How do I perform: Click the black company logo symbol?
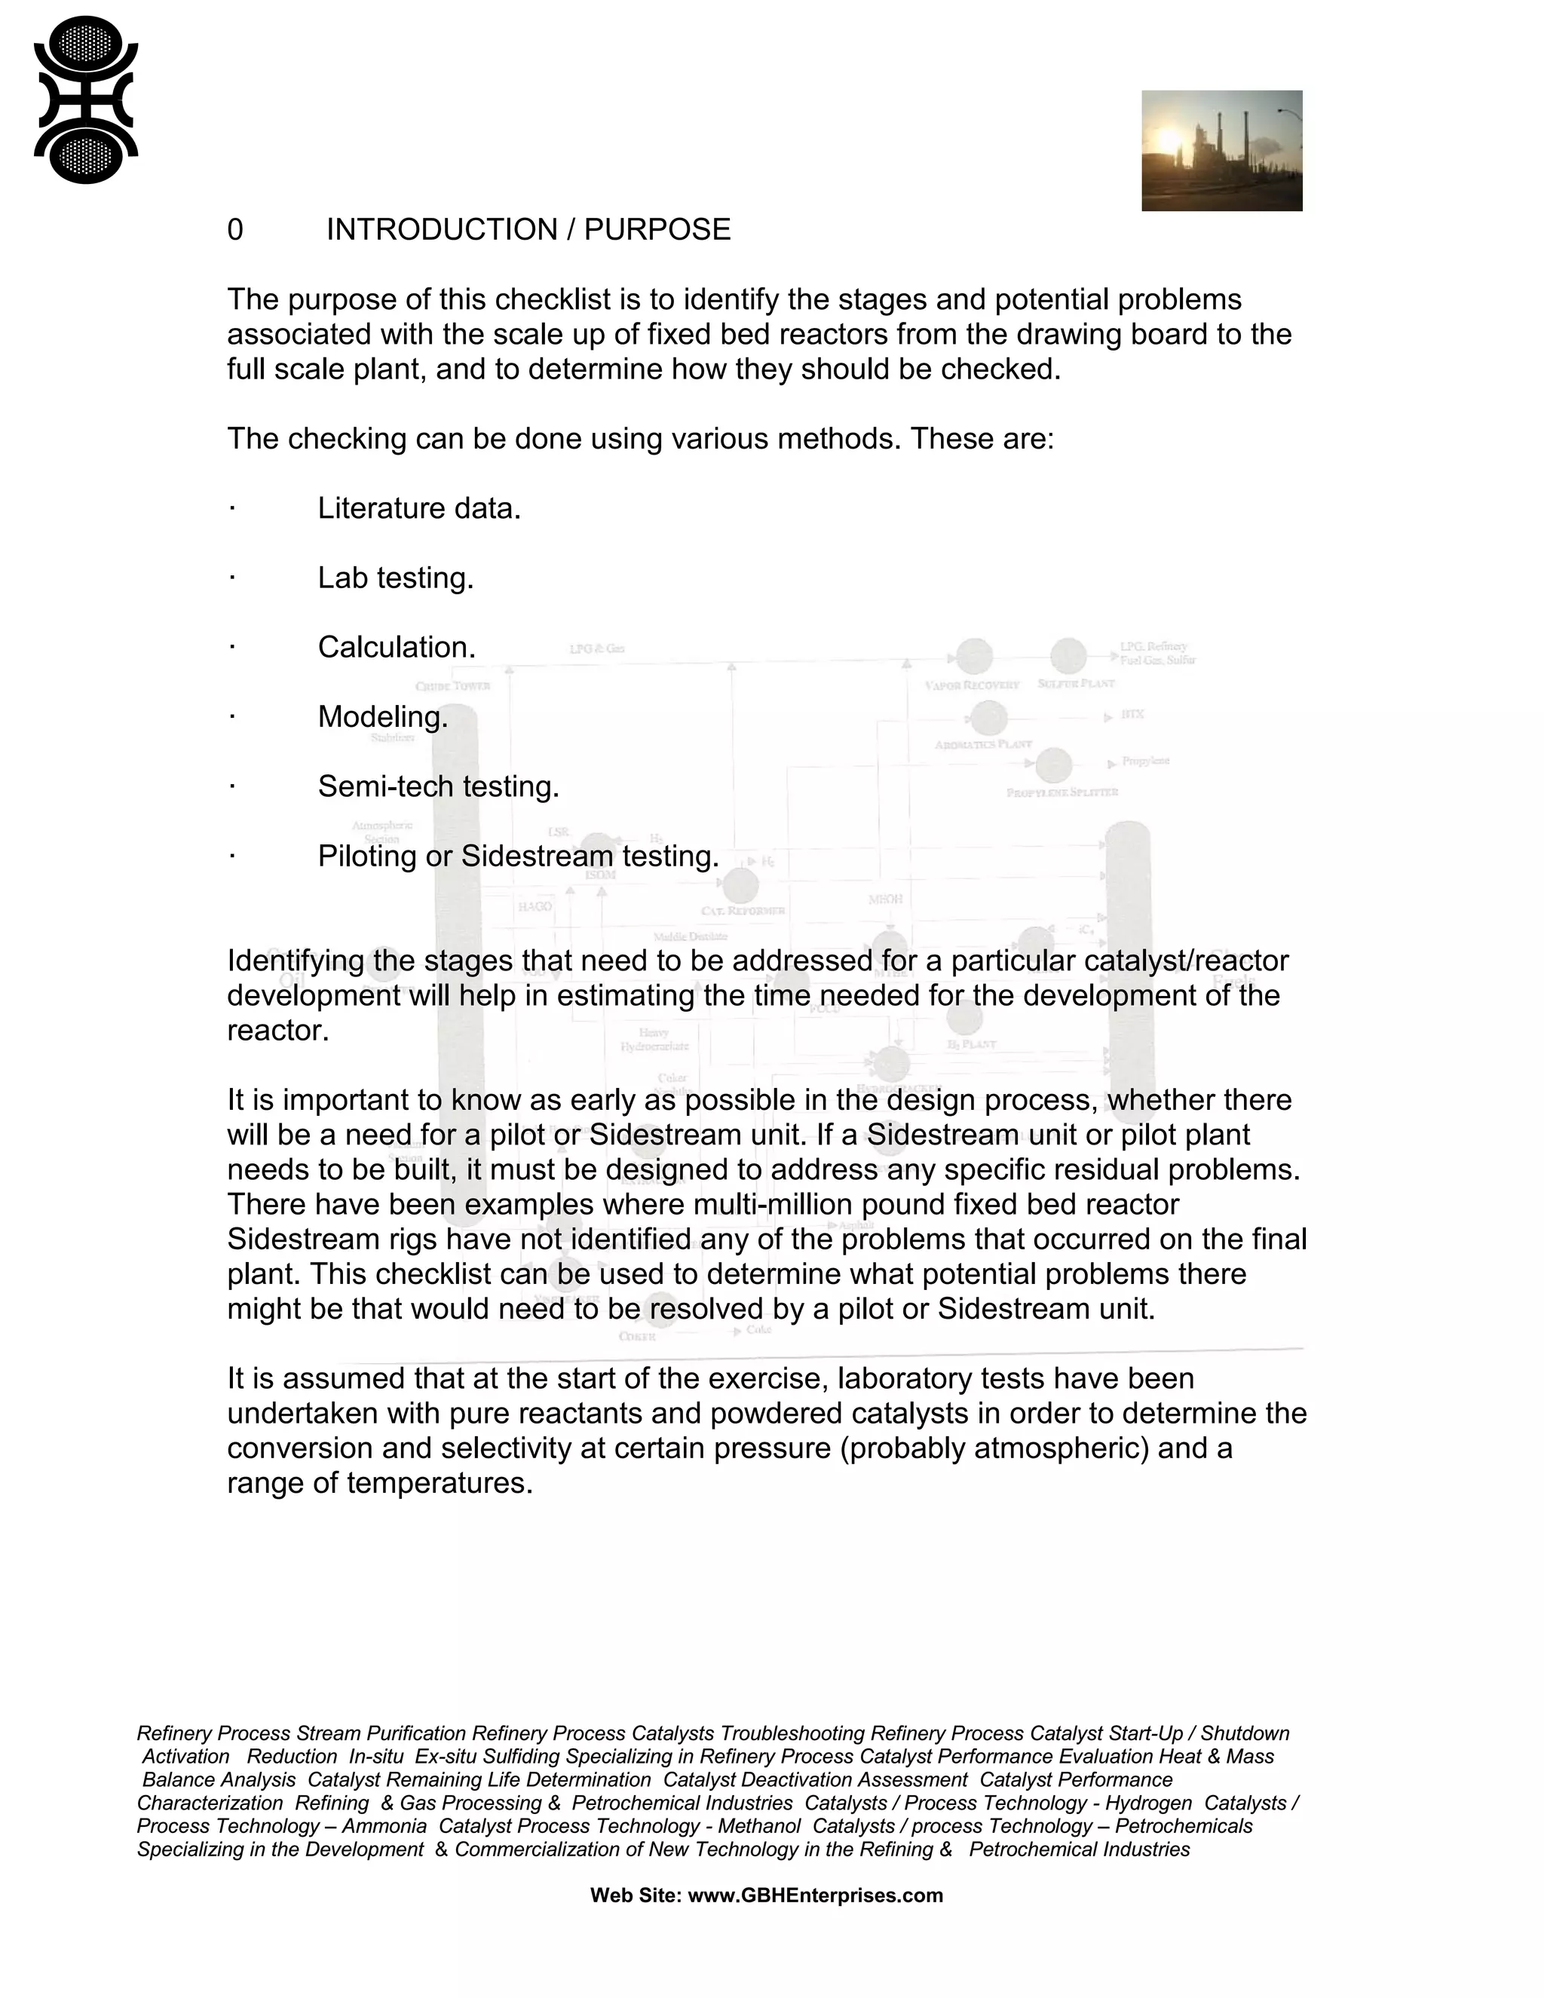(x=86, y=100)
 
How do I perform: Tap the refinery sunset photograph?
(x=1221, y=151)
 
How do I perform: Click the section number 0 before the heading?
(x=235, y=230)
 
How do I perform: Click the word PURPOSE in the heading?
(x=657, y=230)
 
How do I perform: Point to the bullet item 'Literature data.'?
(x=419, y=509)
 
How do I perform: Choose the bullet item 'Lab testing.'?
(x=395, y=578)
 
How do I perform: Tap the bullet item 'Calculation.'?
(x=396, y=648)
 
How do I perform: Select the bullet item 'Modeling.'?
(x=382, y=717)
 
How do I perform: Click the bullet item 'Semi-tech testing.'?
(x=438, y=786)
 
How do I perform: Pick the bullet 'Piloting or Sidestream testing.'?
(x=518, y=857)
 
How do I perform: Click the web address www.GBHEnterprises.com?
(x=815, y=1895)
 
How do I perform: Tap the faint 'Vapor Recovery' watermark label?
(x=971, y=685)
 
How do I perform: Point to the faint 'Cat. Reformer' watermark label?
(x=743, y=912)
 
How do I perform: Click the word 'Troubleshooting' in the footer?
(x=792, y=1733)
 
